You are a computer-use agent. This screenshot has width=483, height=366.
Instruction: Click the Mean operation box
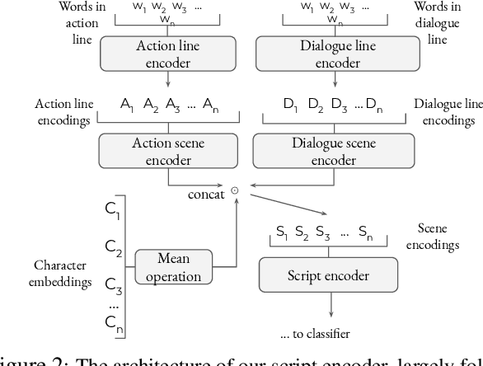(x=173, y=266)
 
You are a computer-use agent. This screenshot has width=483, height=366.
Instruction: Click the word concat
(x=205, y=195)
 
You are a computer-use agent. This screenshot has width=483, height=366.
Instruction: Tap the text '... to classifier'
(x=315, y=334)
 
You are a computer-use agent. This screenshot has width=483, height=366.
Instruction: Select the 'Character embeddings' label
(x=60, y=274)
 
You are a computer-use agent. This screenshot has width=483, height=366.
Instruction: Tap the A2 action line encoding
(x=150, y=105)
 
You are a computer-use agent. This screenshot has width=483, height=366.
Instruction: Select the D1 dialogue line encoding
(x=290, y=105)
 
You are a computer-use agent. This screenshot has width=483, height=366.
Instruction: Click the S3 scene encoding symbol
(x=323, y=232)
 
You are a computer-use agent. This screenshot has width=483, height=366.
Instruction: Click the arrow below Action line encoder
(x=167, y=79)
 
